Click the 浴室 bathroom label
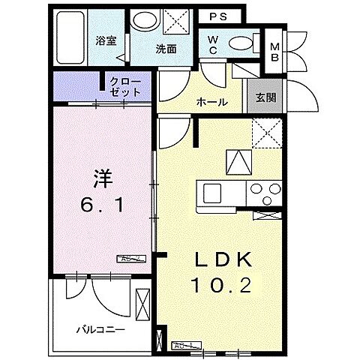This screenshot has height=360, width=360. point(106,42)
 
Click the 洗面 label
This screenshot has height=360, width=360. point(166,49)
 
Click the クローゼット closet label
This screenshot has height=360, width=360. point(124,85)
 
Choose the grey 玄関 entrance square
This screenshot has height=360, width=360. point(265,97)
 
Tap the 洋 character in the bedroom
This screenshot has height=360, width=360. point(102,178)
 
